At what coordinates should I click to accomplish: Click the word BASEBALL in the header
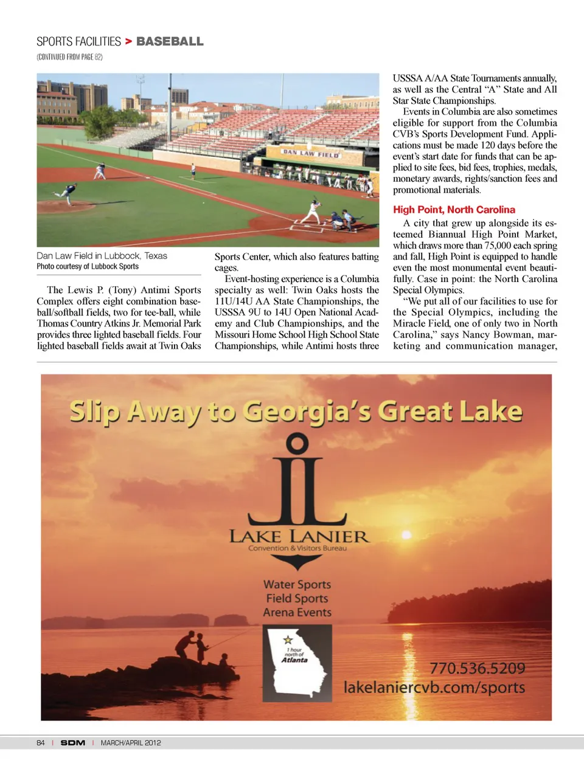[170, 41]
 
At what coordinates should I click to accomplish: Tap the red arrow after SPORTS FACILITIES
[128, 41]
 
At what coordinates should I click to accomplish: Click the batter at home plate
[313, 211]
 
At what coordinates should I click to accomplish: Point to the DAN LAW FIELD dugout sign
[311, 154]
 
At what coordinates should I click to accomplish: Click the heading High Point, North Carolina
[454, 210]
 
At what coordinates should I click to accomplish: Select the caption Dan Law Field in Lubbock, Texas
[102, 256]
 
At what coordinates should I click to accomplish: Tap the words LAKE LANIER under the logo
[298, 536]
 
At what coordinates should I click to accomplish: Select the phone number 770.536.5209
[477, 668]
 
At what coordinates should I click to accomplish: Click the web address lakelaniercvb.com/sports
[434, 687]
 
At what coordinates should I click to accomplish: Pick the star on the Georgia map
[288, 640]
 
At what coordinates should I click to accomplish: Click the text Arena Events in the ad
[297, 612]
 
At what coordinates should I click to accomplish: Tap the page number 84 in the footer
[41, 743]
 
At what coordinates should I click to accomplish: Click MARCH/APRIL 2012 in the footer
[131, 743]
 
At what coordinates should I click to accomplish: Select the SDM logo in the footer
[73, 743]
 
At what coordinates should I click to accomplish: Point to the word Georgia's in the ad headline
[307, 412]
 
